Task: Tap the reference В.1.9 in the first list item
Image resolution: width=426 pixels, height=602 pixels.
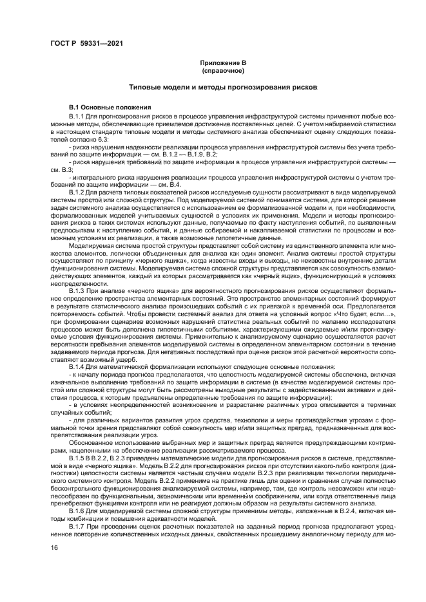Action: point(195,155)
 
